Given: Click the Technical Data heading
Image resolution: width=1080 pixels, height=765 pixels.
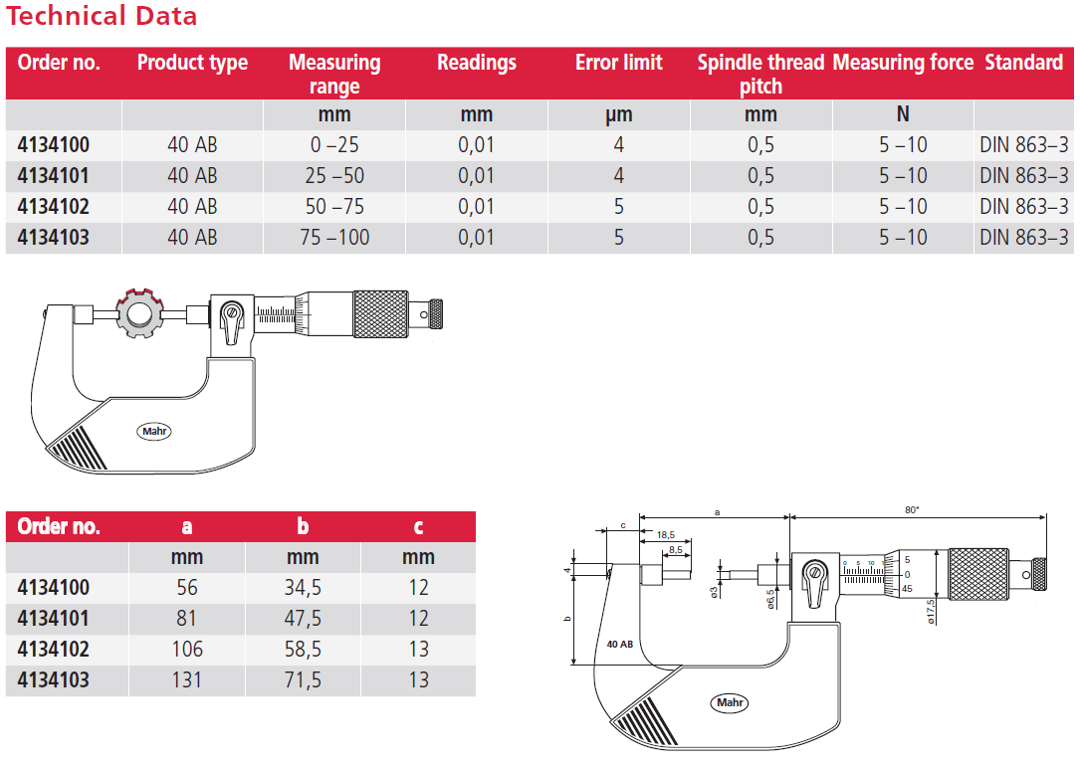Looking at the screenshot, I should (103, 17).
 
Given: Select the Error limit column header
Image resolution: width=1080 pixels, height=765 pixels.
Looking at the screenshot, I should (618, 63).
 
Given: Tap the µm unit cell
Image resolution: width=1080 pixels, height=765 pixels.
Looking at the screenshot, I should (618, 115).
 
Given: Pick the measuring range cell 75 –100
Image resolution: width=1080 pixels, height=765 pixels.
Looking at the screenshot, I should (334, 238).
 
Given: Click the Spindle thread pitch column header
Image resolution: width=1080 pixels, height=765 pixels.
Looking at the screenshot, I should (760, 74).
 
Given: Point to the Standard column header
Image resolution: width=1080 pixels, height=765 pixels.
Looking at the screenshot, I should (1023, 63).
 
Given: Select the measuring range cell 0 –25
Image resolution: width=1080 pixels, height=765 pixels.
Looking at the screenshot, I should (334, 145).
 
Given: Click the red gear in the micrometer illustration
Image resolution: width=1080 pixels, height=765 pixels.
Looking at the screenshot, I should (137, 314).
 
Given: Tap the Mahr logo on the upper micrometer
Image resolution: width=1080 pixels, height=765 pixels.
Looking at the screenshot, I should (153, 432).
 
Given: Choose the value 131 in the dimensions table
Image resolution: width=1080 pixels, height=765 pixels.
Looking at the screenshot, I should (187, 679).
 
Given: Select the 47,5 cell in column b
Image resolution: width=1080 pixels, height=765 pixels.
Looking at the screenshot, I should (303, 619).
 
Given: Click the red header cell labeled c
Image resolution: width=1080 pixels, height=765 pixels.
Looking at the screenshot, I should (418, 526).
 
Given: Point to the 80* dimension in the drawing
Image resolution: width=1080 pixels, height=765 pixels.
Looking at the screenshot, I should (912, 509).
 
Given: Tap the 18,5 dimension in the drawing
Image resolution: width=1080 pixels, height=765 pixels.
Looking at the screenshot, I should (665, 534).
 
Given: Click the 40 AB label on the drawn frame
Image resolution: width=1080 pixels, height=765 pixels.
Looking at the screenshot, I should (620, 644).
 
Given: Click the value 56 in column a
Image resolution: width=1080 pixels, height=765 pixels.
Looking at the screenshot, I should (187, 588).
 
